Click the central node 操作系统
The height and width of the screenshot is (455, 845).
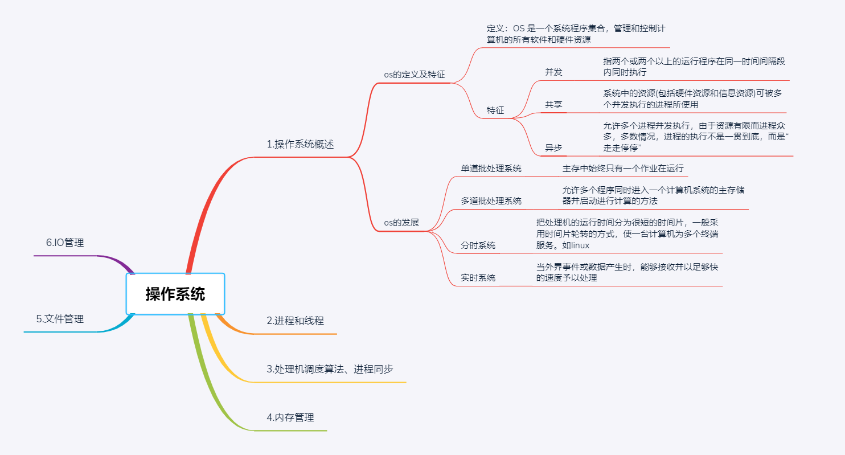click(x=175, y=294)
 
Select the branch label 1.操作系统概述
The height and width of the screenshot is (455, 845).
click(x=300, y=145)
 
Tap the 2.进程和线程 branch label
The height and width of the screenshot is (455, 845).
click(x=295, y=321)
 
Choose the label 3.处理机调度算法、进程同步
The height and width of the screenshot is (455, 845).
click(x=330, y=369)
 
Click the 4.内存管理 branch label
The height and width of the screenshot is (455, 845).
click(x=290, y=417)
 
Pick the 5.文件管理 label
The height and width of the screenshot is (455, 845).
click(x=60, y=319)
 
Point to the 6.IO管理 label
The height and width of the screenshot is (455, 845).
click(x=65, y=243)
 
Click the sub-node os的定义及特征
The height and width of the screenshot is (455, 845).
click(x=414, y=75)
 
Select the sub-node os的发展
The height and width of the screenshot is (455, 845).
click(x=401, y=222)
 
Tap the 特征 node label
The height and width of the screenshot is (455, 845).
click(x=495, y=110)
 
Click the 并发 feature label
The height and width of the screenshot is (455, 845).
click(x=553, y=72)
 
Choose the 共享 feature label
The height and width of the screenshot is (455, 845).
click(x=553, y=105)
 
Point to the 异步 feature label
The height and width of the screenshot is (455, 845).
click(x=553, y=148)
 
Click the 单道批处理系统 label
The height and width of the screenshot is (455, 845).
click(x=491, y=169)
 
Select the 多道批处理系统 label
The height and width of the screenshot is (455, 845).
click(x=491, y=201)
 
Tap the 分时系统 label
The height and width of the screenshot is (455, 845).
click(x=478, y=245)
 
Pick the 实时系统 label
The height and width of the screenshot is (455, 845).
click(x=478, y=278)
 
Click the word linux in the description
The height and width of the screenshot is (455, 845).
click(x=580, y=245)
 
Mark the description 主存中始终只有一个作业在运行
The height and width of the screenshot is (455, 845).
click(x=623, y=169)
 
